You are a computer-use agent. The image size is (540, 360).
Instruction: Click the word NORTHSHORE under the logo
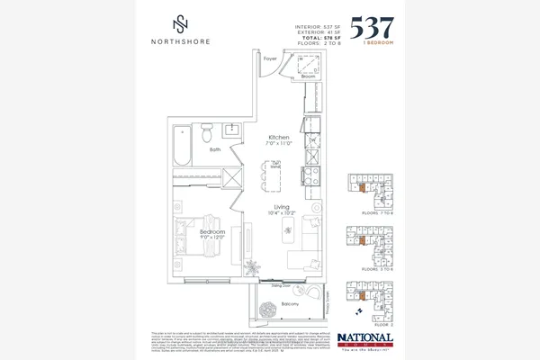180,40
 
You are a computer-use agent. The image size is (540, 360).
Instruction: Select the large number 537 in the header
369,25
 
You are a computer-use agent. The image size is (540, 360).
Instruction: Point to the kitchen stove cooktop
309,175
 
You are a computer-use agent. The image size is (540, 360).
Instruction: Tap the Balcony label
290,305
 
